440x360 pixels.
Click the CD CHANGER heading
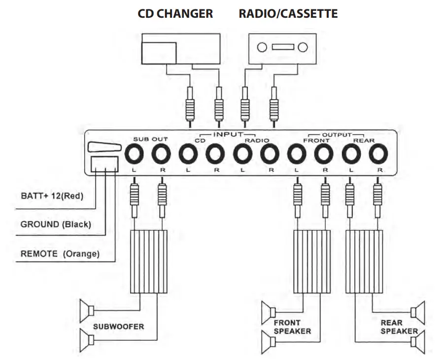tap(175, 14)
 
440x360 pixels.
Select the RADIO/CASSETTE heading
tap(288, 14)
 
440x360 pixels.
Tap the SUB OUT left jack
tap(134, 155)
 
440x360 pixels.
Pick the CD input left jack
tap(188, 155)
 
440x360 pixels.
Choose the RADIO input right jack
tap(270, 155)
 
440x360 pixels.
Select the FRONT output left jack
tap(297, 155)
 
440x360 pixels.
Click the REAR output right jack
tap(378, 155)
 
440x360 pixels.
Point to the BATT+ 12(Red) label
tap(52, 196)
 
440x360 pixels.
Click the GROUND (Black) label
tap(55, 224)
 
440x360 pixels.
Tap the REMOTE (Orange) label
tap(60, 254)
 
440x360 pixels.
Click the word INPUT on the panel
tap(228, 134)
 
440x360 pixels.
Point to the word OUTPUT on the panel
tap(337, 134)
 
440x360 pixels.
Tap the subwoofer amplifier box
tap(148, 261)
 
